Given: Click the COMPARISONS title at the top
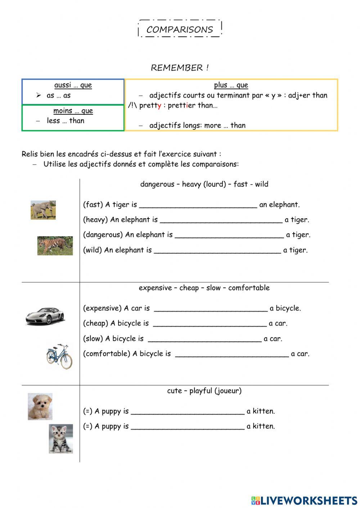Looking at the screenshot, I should point(180,29).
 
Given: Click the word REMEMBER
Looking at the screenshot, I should point(177,68).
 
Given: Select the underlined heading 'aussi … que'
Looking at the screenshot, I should point(73,85).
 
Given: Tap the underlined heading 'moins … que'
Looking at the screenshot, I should point(73,111).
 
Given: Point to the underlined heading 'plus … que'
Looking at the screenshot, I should point(231,85).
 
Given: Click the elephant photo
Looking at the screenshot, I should point(43,210).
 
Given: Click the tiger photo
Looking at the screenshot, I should point(55,246).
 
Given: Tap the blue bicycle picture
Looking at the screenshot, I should point(59,356).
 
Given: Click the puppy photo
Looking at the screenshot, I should point(40,406).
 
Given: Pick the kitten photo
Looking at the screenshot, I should point(61,438).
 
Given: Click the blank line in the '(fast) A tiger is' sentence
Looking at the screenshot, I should point(198,206).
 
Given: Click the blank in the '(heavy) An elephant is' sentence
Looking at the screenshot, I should point(221,221).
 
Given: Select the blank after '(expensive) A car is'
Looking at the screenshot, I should point(211,309).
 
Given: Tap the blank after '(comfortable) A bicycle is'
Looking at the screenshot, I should point(232,354).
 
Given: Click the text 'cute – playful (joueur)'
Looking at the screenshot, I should point(204,391).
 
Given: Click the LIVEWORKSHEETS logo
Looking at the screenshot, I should point(304,500).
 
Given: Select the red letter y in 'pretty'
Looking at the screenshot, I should point(159,106).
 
